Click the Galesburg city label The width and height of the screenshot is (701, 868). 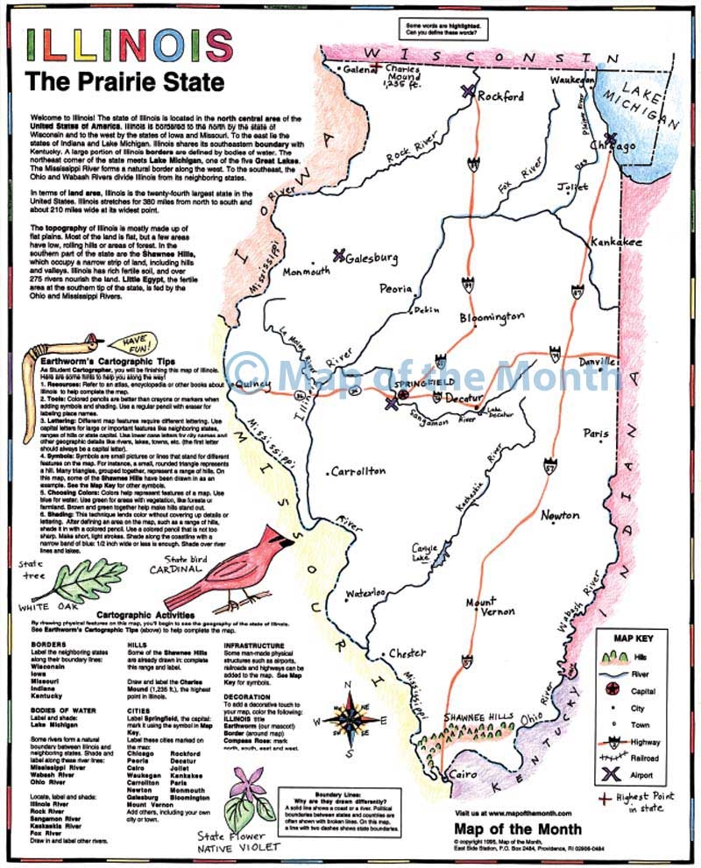(372, 258)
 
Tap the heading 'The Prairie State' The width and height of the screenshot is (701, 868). (124, 82)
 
